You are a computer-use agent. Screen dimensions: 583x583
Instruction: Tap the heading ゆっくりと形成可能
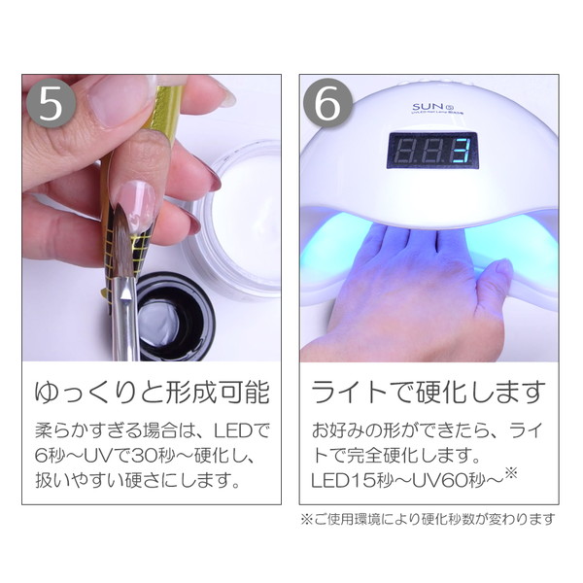point(152,394)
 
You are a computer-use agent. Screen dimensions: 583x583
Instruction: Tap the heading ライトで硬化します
point(428,394)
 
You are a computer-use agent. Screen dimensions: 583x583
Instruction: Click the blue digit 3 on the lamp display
point(462,153)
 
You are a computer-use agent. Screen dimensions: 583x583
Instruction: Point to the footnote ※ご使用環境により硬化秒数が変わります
point(428,518)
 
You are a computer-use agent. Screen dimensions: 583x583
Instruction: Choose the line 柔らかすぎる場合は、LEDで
point(152,429)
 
